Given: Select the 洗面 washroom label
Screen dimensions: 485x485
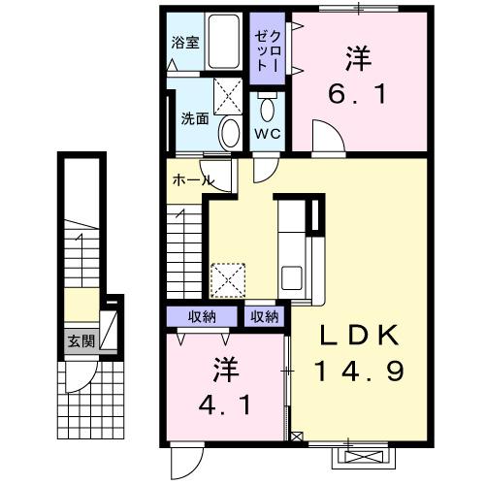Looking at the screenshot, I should coord(194,119).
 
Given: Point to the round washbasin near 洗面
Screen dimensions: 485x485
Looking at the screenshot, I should coord(230,131).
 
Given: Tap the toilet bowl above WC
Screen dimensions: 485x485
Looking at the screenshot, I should coord(267,104).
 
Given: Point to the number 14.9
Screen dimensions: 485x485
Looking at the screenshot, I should coord(357,371).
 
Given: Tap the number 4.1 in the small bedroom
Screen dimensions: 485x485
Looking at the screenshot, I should coord(229,403).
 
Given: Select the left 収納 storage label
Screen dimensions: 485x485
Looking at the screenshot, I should coord(202,316).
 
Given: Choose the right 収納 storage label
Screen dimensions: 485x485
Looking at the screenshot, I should coord(264,316).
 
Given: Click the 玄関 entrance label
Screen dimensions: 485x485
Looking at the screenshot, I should coord(81,340).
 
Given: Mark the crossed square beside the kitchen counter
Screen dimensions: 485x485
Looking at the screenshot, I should coord(230,280).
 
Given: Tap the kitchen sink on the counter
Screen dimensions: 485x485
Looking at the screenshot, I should coord(291,275).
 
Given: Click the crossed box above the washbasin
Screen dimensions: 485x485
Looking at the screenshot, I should coord(229,96).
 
